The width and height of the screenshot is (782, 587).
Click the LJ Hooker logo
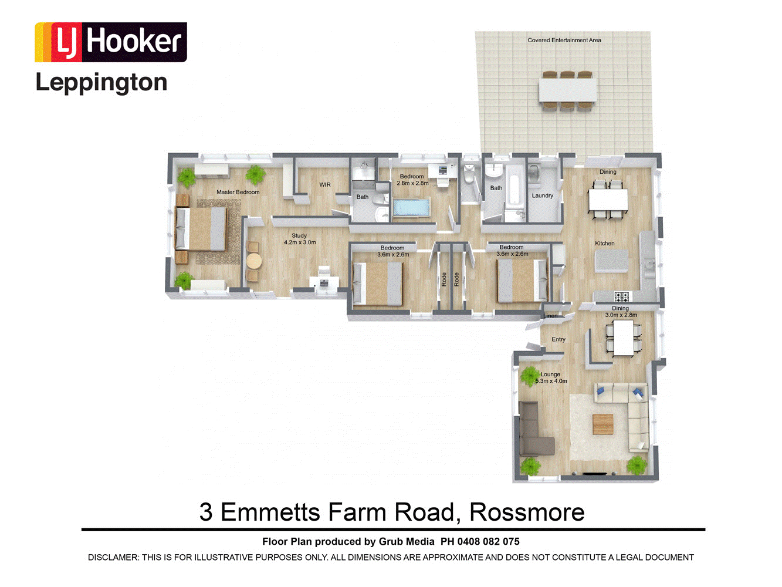(110, 42)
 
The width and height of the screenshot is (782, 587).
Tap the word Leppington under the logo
(101, 83)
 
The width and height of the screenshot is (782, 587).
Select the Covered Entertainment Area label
(564, 41)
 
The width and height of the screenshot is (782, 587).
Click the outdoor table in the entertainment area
(567, 90)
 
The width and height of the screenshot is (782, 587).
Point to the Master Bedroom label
(238, 192)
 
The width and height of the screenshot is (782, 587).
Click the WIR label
(325, 185)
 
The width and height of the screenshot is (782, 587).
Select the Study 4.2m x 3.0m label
(300, 239)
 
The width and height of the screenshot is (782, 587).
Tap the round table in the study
(254, 261)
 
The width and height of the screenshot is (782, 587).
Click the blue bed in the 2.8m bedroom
(411, 208)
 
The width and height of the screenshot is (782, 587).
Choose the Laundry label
(542, 195)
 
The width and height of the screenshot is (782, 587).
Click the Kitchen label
(605, 244)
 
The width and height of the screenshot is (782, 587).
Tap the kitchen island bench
(611, 261)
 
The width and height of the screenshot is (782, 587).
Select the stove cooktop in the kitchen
(622, 296)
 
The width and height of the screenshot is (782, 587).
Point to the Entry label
(558, 339)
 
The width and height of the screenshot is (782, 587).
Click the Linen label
(550, 316)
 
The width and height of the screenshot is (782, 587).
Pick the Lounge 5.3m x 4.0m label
(551, 377)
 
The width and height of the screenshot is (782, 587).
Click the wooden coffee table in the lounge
(603, 424)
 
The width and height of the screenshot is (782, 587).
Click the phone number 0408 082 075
(489, 542)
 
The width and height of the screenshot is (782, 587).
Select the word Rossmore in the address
(527, 512)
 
